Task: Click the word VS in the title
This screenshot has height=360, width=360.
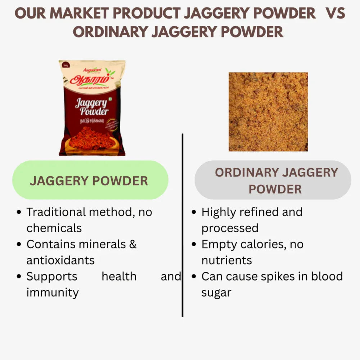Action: click(335, 14)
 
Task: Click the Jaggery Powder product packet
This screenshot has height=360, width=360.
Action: click(92, 108)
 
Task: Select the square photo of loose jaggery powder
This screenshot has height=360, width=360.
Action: click(268, 112)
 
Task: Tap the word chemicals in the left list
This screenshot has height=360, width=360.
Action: click(54, 228)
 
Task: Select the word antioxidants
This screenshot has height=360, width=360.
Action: click(60, 260)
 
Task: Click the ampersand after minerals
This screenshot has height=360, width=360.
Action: click(132, 244)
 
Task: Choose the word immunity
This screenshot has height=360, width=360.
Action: click(52, 292)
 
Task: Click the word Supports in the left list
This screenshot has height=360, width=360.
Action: click(52, 276)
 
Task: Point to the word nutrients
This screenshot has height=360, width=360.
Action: click(226, 260)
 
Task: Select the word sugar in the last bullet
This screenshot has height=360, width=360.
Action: click(216, 293)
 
